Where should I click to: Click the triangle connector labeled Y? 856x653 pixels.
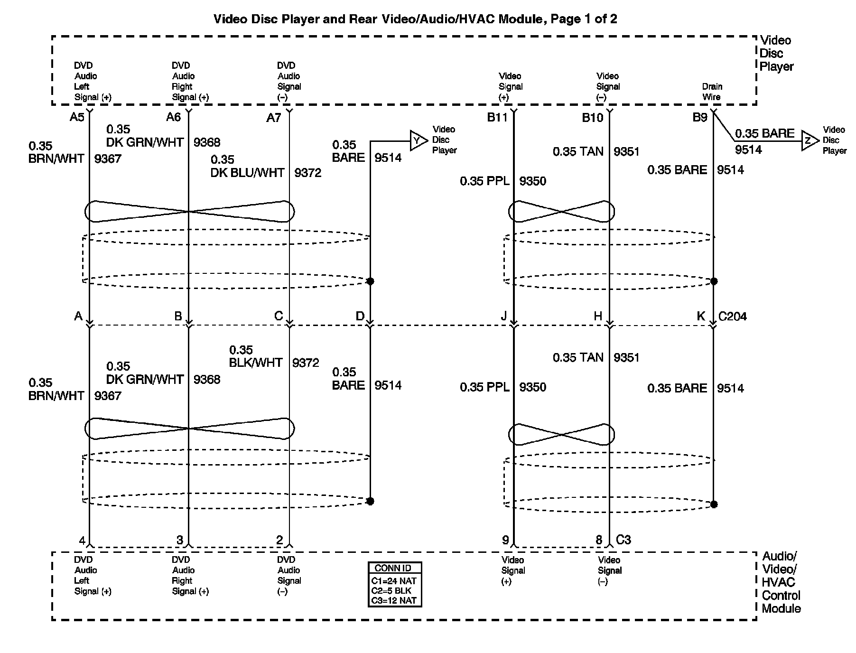point(418,140)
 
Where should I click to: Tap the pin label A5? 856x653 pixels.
point(77,117)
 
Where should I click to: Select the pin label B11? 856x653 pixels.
point(497,117)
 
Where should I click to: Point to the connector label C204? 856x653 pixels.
point(733,316)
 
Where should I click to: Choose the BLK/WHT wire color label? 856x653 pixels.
point(256,363)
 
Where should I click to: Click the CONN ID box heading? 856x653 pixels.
point(393,568)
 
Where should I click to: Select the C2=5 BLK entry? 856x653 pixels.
point(391,591)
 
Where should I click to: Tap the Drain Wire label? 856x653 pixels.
point(712,92)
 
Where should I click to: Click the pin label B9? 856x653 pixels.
point(700,117)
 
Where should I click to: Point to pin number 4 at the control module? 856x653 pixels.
point(82,540)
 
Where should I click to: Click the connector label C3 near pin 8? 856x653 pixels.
point(623,540)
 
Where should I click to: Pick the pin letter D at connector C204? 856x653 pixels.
point(360,316)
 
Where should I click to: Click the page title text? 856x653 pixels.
point(415,19)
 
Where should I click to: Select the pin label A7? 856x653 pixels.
point(273,118)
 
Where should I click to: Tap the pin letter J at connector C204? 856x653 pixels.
point(504,316)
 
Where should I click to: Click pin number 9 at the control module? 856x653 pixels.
point(505,540)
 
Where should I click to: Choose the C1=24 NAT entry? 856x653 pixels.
point(394,581)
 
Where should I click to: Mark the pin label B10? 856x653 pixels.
point(592,117)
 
